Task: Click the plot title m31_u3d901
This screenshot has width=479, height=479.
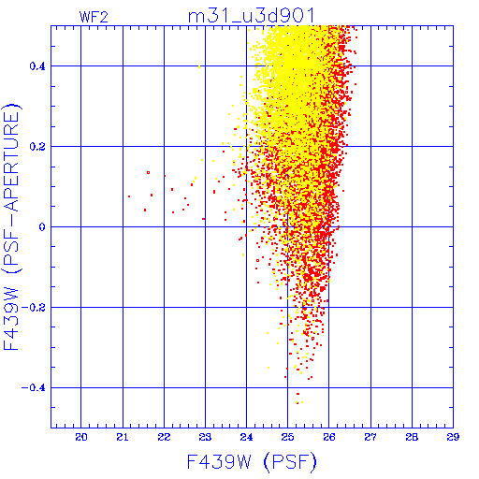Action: [x=252, y=16]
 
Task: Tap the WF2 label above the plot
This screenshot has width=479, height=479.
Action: [x=94, y=17]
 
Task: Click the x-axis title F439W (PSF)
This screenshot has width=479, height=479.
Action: [x=252, y=462]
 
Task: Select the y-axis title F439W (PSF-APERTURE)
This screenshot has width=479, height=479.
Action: [x=11, y=227]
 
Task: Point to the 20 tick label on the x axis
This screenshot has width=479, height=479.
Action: [x=81, y=437]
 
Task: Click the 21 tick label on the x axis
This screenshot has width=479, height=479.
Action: [x=123, y=437]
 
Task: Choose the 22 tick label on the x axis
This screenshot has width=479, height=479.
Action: [x=164, y=437]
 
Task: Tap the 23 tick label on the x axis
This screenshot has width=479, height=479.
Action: [x=205, y=437]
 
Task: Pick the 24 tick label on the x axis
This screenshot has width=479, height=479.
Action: [x=246, y=437]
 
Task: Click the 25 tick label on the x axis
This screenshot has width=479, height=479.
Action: [x=288, y=437]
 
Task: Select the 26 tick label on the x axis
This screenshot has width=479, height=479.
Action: [x=329, y=437]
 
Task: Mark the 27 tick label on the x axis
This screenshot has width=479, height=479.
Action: [x=370, y=437]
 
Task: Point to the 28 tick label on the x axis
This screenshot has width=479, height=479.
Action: [x=412, y=437]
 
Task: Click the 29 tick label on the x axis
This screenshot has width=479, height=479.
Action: [x=453, y=437]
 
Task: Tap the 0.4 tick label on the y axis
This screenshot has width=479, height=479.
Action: [x=37, y=66]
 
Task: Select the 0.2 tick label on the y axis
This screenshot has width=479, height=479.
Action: [x=37, y=147]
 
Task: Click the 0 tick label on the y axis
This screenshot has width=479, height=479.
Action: [x=42, y=227]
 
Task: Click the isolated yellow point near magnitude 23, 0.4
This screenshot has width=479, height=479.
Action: [x=199, y=66]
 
